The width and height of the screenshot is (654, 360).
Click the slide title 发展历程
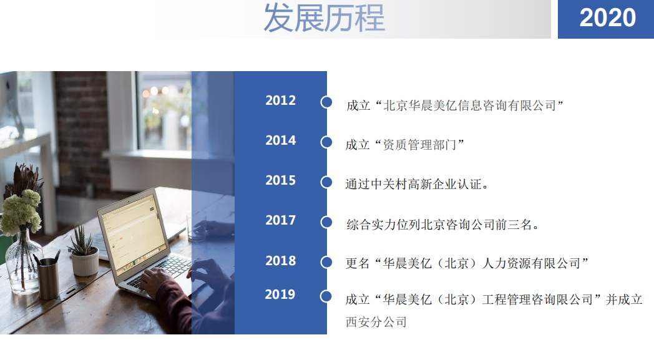pos(324,18)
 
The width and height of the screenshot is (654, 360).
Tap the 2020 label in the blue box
pos(607,18)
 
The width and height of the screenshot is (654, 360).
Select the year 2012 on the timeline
pos(280,100)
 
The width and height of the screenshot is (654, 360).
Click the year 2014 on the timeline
pos(280,140)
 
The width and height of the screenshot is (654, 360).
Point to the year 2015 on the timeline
pos(280,181)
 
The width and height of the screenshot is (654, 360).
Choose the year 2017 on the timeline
pos(280,220)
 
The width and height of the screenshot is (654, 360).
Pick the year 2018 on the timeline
pos(280,261)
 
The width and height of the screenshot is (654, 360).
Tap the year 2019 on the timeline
pos(280,294)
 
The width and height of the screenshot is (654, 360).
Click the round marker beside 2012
pos(326,102)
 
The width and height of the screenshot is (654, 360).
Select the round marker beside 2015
pos(326,182)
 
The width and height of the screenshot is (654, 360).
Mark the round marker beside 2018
pos(326,263)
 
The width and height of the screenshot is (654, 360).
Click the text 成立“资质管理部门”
pos(405,145)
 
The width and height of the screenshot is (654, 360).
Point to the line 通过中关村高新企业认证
pos(417,184)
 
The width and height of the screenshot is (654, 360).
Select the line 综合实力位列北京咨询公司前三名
pos(442,225)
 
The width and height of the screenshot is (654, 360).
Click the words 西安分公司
pos(376,321)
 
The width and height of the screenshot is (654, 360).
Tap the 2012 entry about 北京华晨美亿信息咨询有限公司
pos(455,105)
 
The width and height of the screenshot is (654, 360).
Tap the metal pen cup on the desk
pos(49,278)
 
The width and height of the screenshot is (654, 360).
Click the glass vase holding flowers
pos(23,261)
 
